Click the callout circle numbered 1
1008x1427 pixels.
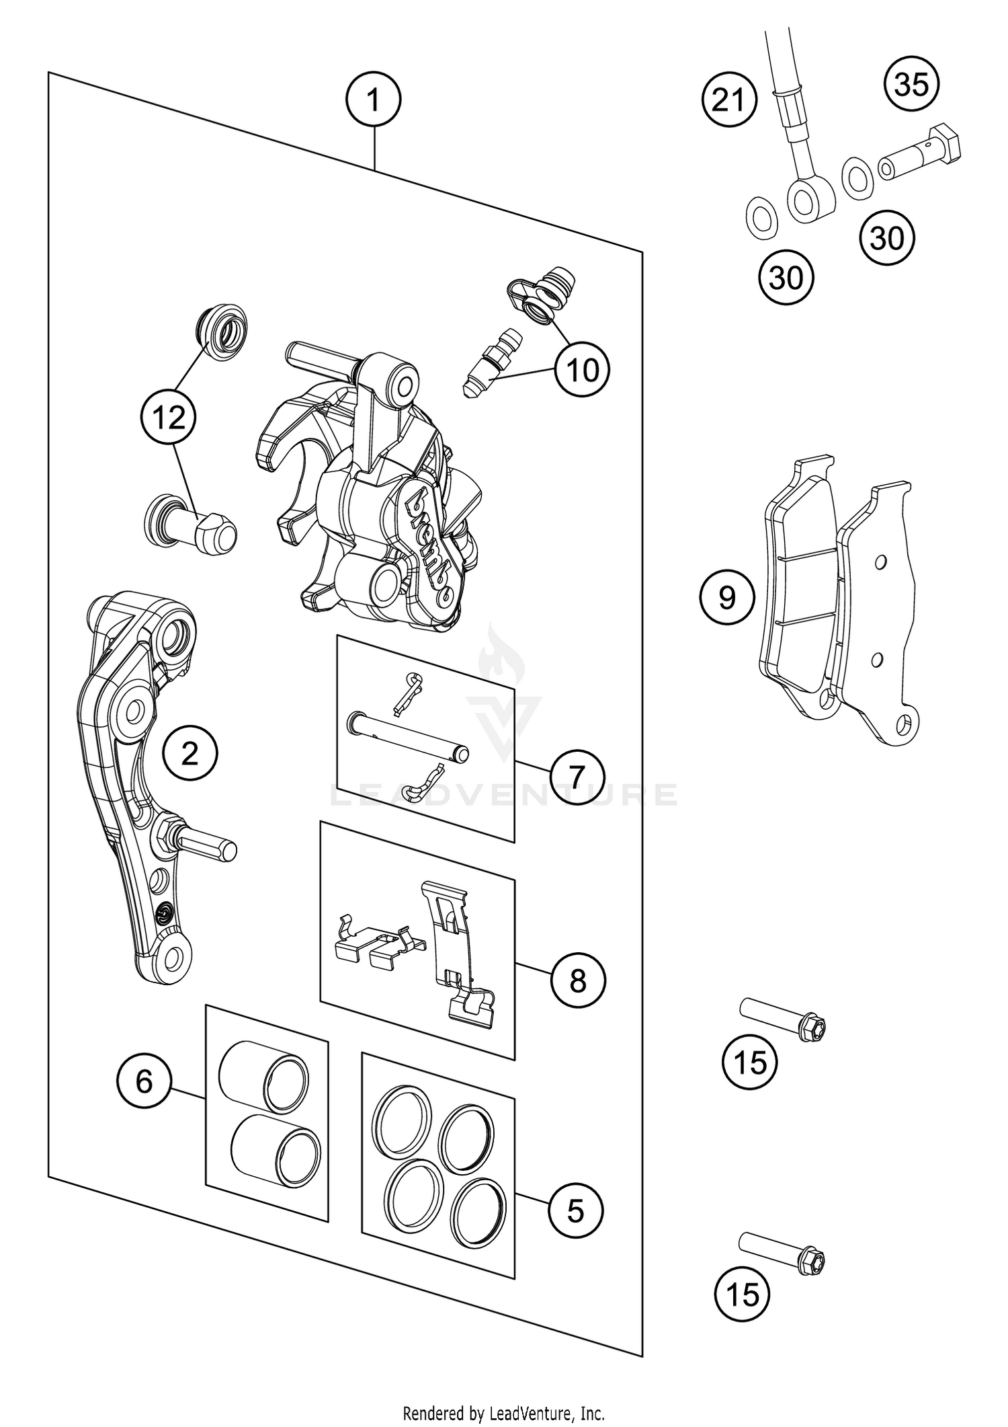(373, 101)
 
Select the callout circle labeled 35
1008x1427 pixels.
(912, 85)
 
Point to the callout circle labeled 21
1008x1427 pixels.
(729, 101)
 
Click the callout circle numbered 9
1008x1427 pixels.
(727, 597)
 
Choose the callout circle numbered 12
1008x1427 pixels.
(168, 418)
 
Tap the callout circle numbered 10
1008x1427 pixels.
(582, 369)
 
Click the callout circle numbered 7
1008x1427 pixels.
(577, 777)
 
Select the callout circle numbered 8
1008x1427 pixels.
(577, 981)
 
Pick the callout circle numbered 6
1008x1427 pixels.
(144, 1081)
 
